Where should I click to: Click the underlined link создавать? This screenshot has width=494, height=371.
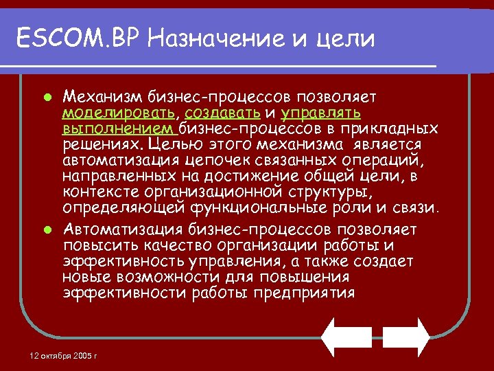pyautogui.click(x=222, y=112)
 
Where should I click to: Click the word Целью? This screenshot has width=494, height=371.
pyautogui.click(x=180, y=144)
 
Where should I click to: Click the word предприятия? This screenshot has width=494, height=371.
pyautogui.click(x=303, y=293)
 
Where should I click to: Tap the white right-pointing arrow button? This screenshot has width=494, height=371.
pyautogui.click(x=406, y=337)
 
